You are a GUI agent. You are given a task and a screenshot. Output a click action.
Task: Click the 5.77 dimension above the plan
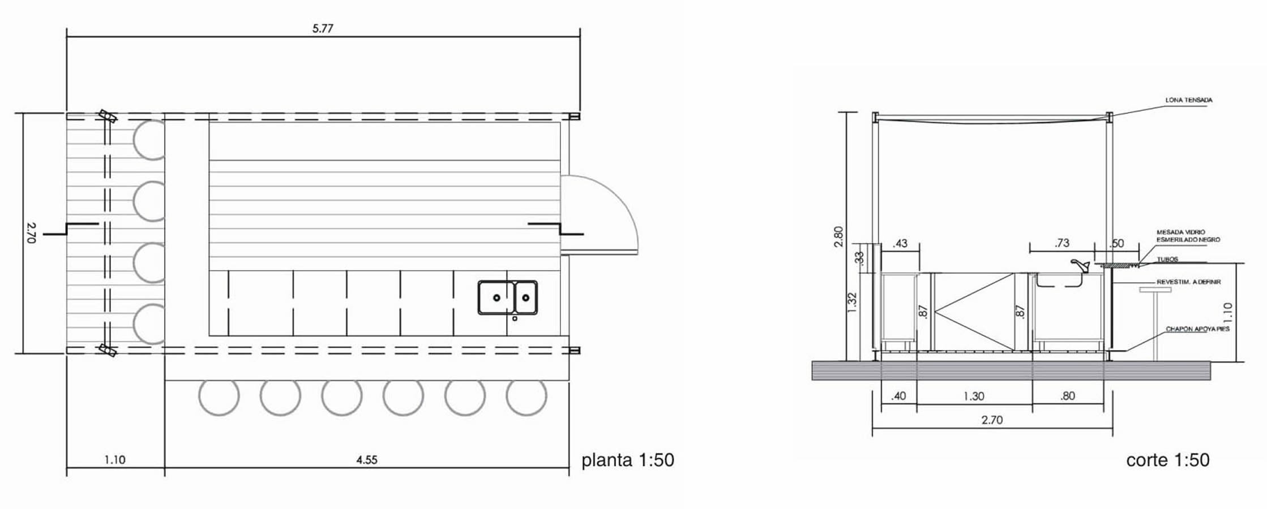[x=323, y=28]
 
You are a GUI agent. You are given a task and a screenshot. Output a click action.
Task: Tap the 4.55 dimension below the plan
[x=367, y=460]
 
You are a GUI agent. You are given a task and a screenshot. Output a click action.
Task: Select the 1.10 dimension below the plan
[x=115, y=460]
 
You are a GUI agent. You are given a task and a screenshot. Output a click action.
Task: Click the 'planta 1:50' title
[x=628, y=460]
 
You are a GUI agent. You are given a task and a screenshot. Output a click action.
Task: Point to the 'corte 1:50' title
[x=1168, y=460]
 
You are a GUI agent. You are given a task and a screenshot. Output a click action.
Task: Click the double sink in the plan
[x=508, y=297]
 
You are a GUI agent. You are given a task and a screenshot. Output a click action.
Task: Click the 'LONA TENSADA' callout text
[x=1189, y=100]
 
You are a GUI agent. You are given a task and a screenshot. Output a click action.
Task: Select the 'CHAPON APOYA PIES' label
[x=1197, y=329]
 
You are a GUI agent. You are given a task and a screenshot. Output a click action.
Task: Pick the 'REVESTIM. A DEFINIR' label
[x=1188, y=282]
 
